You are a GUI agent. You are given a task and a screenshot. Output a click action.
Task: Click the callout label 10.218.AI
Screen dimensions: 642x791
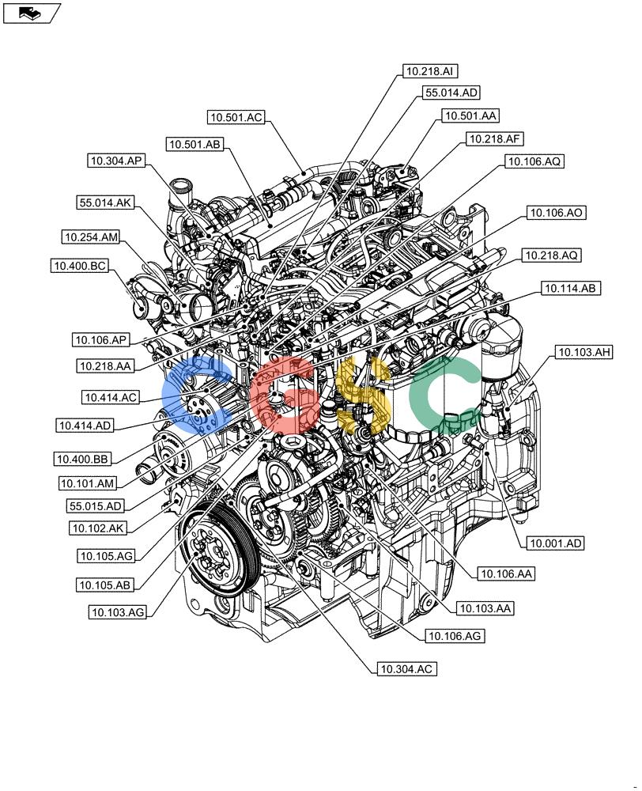(430, 71)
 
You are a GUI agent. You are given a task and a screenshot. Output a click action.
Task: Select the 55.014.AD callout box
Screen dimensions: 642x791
(451, 93)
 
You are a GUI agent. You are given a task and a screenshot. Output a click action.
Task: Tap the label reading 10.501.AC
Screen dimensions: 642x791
(236, 118)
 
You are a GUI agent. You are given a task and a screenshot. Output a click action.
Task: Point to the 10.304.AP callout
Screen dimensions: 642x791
(116, 161)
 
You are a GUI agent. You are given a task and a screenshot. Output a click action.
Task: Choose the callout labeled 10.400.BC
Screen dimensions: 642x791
(80, 266)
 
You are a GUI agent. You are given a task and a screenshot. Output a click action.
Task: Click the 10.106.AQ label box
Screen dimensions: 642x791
(534, 161)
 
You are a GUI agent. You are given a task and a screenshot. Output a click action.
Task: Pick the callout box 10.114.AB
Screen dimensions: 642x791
(571, 289)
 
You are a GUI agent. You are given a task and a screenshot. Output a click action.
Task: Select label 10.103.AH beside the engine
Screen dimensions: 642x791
(583, 352)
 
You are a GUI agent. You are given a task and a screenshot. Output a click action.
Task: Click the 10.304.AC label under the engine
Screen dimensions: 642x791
(406, 669)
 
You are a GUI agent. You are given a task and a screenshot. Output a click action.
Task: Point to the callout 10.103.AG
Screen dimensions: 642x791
(117, 612)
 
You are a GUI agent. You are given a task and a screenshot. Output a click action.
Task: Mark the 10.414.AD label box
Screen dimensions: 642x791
(85, 426)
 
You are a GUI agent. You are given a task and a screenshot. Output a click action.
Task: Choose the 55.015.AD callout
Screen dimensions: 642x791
(96, 506)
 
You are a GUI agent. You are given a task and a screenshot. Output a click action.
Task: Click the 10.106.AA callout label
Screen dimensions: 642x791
(505, 573)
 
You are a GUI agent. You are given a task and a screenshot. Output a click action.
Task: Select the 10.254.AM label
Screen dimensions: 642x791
(92, 237)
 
